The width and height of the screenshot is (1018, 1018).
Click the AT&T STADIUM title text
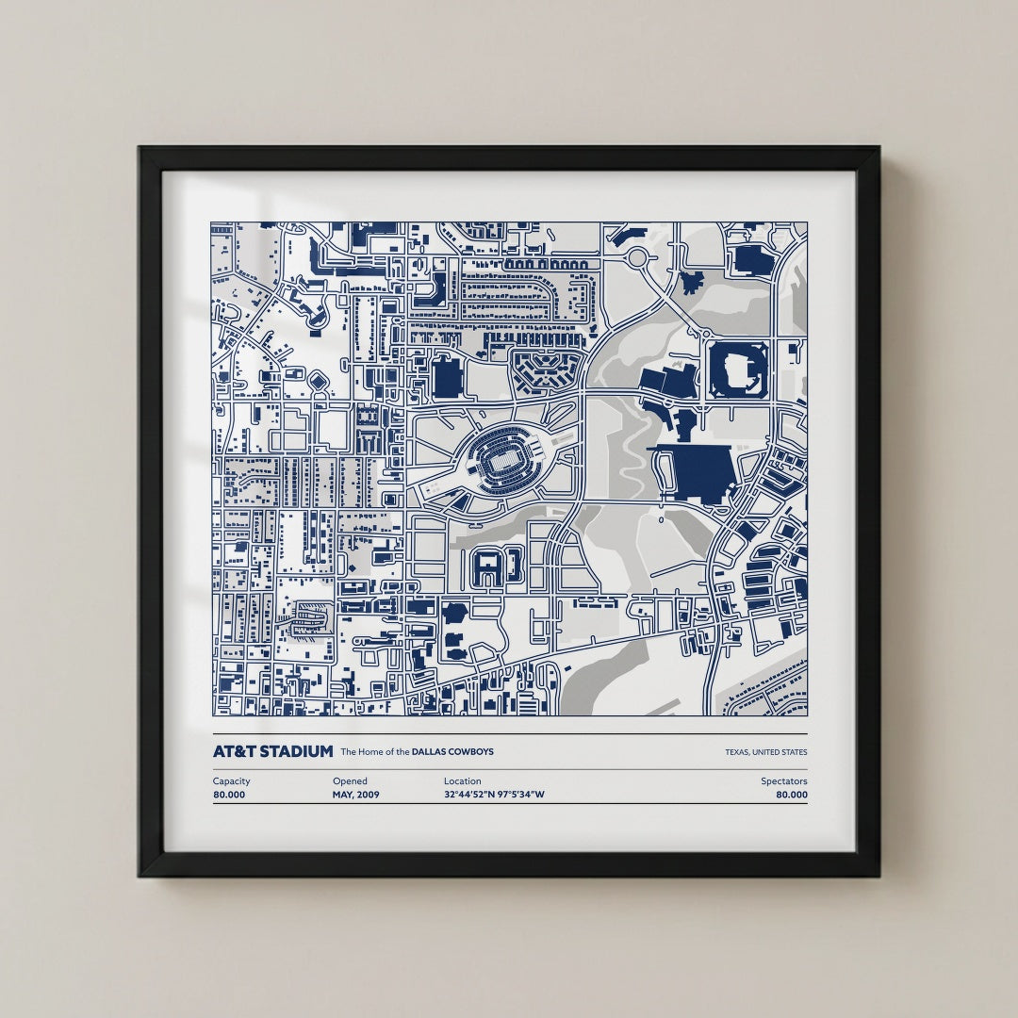coord(272,751)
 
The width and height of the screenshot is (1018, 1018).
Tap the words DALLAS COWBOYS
coord(452,752)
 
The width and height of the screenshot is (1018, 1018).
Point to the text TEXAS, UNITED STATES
coord(765,752)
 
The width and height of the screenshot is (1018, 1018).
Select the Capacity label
coord(232,780)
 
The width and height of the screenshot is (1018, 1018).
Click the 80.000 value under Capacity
coord(229,795)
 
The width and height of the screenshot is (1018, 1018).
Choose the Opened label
coord(350,780)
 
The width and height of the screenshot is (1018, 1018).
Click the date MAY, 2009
coord(356,795)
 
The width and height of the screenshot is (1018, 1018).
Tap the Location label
coord(463,780)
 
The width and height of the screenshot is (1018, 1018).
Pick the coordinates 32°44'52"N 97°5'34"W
coord(494,795)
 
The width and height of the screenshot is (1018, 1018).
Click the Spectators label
coord(784,780)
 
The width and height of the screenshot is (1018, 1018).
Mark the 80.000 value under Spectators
coord(792,795)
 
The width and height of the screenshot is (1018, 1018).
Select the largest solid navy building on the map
coord(698,468)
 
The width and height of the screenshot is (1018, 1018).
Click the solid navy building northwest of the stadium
coord(446,377)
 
